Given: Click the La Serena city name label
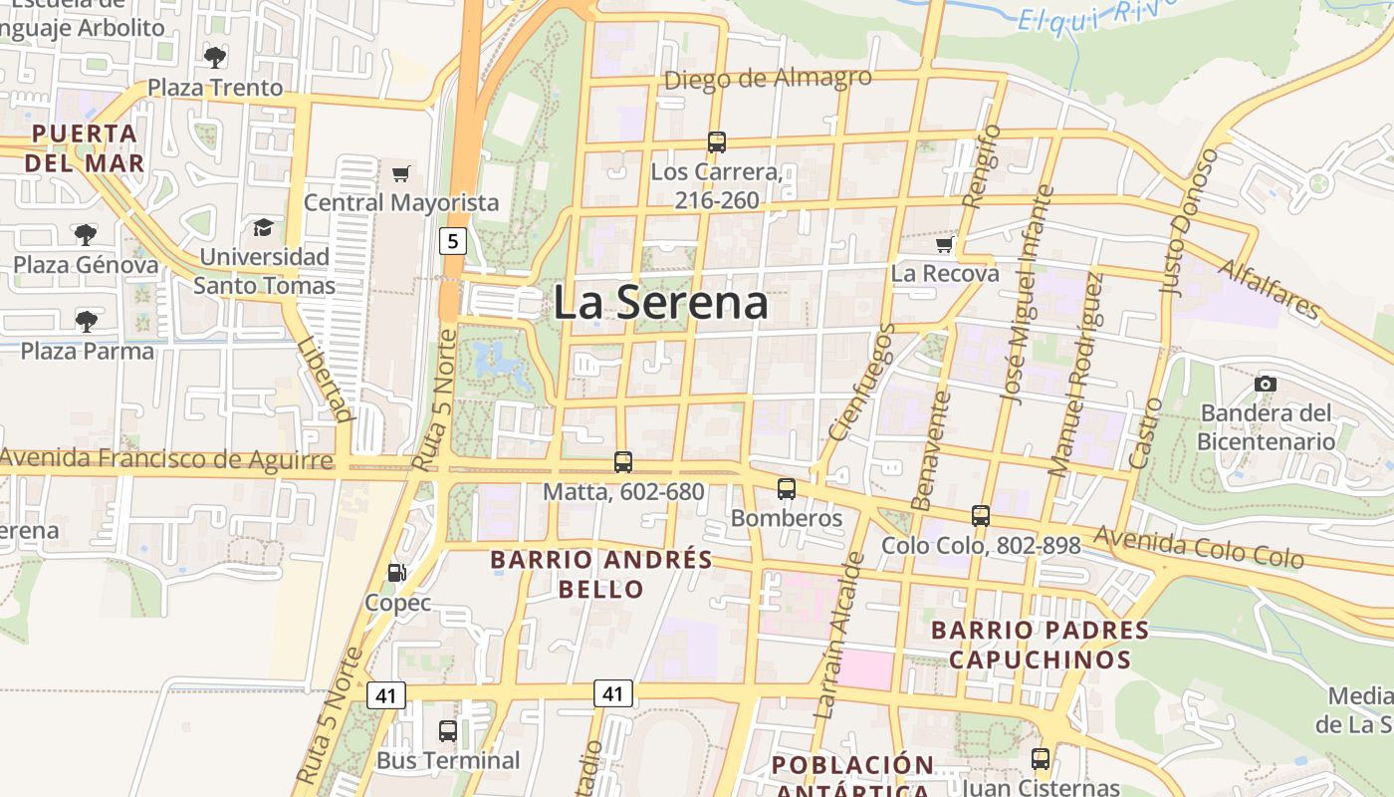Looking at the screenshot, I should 660,302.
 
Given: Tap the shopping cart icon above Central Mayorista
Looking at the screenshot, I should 401,174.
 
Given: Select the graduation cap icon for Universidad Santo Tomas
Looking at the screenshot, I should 263,228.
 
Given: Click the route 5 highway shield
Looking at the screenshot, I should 453,240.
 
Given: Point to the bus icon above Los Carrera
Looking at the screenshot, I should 717,142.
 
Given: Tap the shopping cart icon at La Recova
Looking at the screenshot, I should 944,244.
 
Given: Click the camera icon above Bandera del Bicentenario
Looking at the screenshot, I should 1266,384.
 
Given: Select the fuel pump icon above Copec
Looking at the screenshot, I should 396,573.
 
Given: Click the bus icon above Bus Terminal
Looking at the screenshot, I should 448,731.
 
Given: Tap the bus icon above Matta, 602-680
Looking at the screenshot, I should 623,462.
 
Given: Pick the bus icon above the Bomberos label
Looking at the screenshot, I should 787,489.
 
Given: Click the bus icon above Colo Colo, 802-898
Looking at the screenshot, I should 981,516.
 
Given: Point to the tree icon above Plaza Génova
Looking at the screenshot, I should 86,235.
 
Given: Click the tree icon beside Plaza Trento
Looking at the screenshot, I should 215,57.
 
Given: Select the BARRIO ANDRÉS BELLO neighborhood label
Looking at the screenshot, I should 601,574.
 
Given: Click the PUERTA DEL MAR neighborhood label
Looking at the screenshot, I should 84,147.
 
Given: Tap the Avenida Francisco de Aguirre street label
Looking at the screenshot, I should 166,459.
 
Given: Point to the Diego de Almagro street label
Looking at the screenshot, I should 767,79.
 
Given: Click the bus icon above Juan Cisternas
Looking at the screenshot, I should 1041,759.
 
